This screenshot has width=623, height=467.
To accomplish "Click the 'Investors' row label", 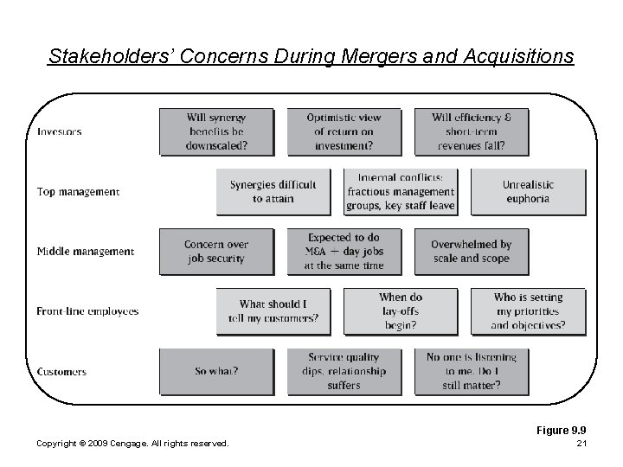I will click(60, 132).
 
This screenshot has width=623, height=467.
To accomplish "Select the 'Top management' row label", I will click(78, 191).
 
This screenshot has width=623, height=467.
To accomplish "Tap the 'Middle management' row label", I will click(85, 252).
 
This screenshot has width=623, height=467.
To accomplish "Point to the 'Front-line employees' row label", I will click(87, 311).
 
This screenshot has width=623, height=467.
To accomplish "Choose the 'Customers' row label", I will click(61, 372).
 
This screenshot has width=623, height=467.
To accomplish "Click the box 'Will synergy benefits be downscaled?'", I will click(216, 131).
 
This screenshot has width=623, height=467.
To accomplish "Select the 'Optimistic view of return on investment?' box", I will click(344, 131).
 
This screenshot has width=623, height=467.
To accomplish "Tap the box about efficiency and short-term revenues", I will click(470, 131).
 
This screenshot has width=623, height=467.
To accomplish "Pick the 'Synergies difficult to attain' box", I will click(273, 191).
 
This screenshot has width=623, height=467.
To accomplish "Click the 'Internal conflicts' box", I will click(400, 191).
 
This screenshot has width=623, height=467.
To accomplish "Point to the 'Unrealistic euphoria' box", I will click(528, 191).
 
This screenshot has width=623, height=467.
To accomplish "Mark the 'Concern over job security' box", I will click(216, 251).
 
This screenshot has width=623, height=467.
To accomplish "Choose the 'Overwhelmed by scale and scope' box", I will click(472, 251).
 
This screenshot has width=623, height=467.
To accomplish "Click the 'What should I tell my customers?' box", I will click(273, 310).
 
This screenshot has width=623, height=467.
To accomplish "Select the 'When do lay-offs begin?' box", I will click(400, 310).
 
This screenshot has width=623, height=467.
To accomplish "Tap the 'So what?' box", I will click(216, 372).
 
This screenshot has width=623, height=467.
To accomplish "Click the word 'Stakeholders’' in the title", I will click(101, 57).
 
